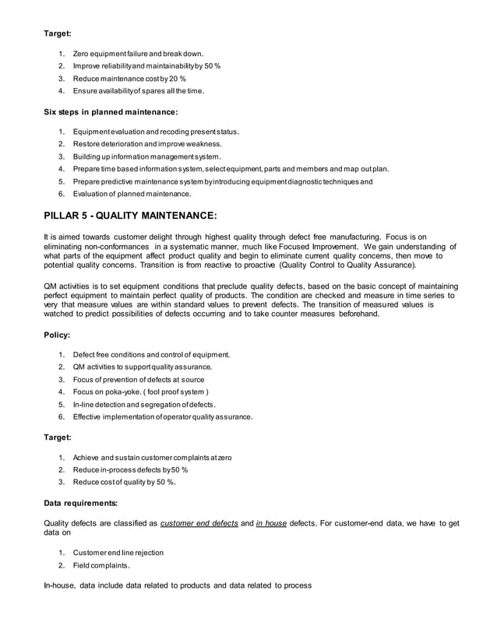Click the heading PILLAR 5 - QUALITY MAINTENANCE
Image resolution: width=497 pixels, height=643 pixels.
[132, 214]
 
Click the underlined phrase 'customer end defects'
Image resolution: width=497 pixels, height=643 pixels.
[199, 523]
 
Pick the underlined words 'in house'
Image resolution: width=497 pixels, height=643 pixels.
[270, 523]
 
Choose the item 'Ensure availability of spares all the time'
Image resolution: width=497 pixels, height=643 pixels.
[139, 91]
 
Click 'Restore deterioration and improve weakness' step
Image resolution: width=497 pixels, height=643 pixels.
[147, 144]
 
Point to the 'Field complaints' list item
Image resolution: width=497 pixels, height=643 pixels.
[104, 565]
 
